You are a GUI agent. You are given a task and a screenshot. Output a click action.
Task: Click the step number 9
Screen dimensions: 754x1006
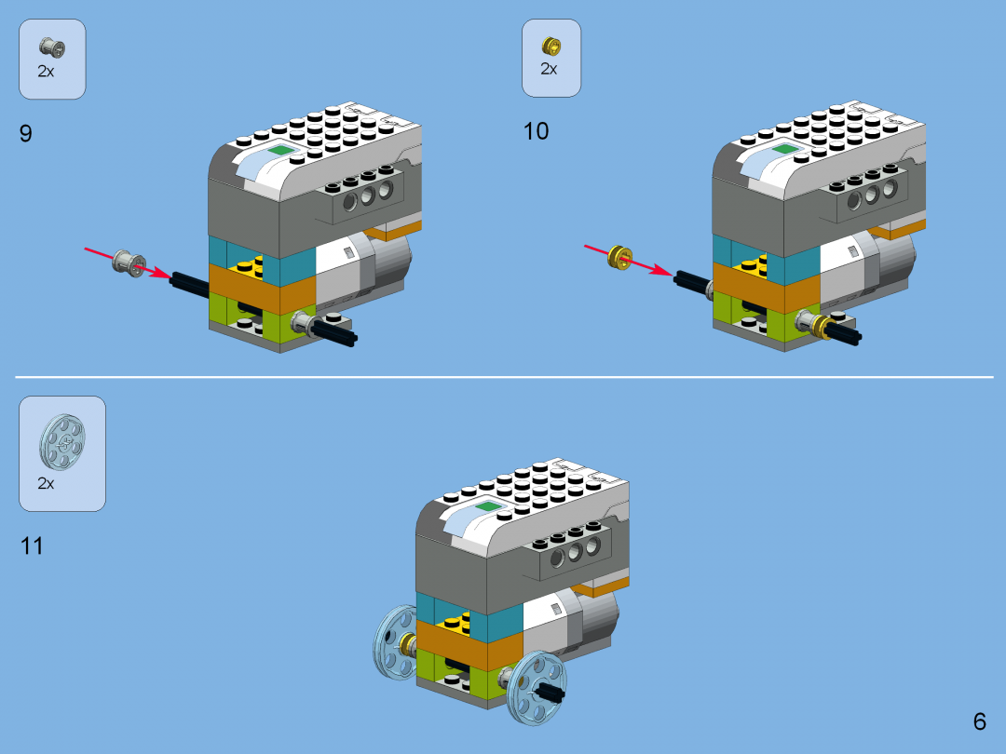coord(26,133)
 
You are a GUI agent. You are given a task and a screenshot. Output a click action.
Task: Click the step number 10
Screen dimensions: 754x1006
coord(536,131)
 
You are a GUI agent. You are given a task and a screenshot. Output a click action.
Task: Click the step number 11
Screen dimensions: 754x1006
coord(33,546)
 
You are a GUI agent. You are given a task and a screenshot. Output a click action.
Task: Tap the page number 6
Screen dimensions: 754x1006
coord(979,721)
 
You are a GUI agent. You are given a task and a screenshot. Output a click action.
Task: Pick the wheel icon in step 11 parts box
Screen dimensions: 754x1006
coord(61,443)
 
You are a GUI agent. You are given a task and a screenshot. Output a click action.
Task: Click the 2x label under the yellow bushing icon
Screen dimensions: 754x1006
coord(549,70)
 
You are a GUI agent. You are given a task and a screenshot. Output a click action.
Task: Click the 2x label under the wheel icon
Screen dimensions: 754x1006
coord(46,483)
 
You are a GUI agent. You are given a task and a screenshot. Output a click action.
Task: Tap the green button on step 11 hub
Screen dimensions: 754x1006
coord(488,507)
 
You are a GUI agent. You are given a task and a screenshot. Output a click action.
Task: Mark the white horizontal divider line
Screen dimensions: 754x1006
coord(503,377)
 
